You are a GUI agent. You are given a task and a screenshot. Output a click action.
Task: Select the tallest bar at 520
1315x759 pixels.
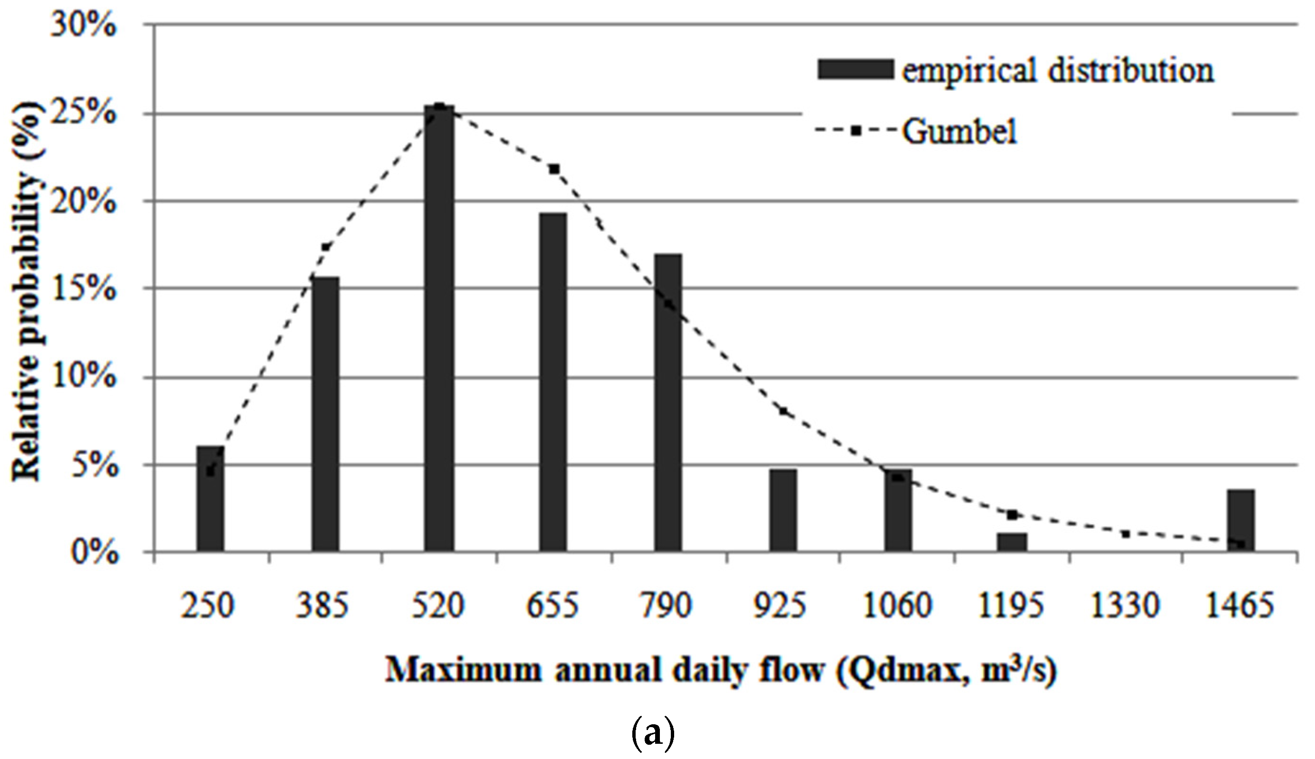[x=439, y=329]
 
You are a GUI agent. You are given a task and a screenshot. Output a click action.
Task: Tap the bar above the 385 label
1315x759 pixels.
[x=325, y=414]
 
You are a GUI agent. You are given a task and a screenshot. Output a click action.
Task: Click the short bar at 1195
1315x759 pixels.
[x=1012, y=542]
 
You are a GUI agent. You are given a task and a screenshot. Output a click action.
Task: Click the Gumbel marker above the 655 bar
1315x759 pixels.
[x=554, y=169]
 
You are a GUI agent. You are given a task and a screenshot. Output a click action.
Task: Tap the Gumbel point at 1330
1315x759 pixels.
[x=1125, y=535]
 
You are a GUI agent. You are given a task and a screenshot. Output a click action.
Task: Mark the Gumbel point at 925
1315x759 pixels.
[x=783, y=411]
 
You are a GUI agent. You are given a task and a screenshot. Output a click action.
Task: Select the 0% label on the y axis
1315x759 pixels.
[x=94, y=553]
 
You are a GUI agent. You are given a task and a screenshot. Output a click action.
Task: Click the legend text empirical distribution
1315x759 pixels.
[x=1058, y=71]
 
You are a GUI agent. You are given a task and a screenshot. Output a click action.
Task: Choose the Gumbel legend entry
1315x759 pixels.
[x=958, y=131]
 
